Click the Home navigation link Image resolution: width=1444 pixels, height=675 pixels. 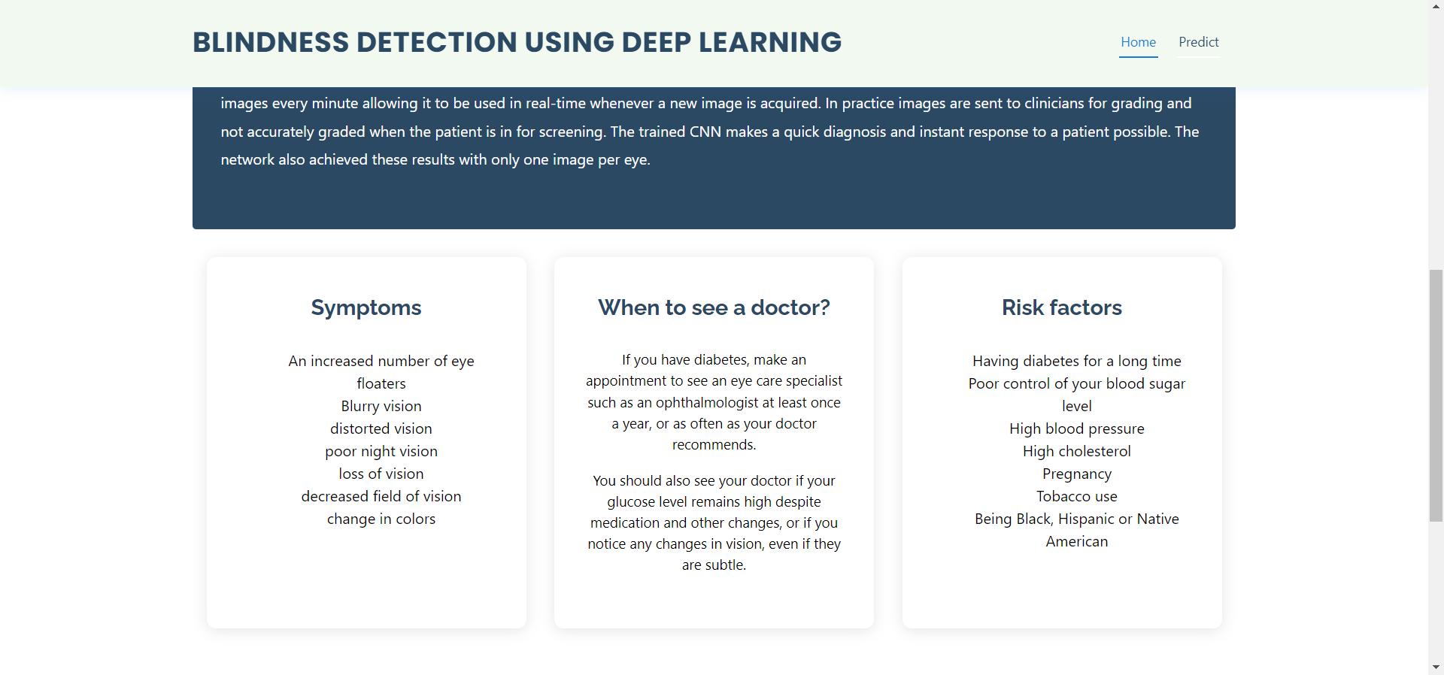click(x=1138, y=42)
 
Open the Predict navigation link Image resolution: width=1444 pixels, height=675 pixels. click(x=1198, y=42)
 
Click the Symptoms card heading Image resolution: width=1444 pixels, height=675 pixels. click(x=366, y=307)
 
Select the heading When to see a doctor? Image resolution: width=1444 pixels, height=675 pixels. click(x=714, y=307)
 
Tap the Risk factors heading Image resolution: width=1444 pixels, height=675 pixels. click(x=1061, y=307)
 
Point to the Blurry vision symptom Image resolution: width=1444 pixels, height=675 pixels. click(x=381, y=406)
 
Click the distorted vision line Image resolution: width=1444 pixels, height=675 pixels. click(x=381, y=428)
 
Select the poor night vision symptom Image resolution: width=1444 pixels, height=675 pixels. click(x=381, y=451)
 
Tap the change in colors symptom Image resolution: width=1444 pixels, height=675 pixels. click(x=381, y=519)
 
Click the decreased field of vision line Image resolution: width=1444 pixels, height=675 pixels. click(x=381, y=496)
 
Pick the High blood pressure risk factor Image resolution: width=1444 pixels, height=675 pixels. click(x=1076, y=428)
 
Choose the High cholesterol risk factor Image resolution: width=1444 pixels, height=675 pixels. click(x=1076, y=451)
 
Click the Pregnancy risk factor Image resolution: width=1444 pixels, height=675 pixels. click(x=1076, y=474)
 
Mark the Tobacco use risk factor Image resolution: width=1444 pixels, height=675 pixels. click(x=1076, y=496)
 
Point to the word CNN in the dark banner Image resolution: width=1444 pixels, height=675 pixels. click(x=705, y=132)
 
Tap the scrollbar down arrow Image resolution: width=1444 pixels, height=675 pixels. click(x=1436, y=667)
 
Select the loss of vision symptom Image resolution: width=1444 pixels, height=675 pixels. click(x=381, y=474)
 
